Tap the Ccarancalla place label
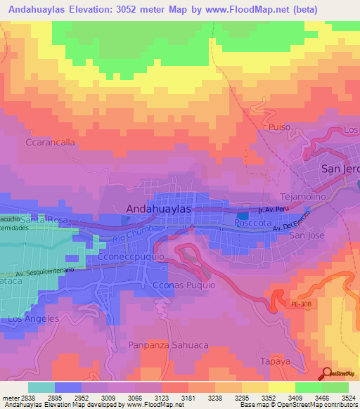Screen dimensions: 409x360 coord(50,142)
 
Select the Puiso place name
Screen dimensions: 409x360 coord(279,126)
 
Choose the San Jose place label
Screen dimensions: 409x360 coord(306,235)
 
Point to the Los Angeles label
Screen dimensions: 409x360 coord(32,319)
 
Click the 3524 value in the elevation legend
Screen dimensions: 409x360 coord(348,398)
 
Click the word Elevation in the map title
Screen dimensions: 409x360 coord(114,10)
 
